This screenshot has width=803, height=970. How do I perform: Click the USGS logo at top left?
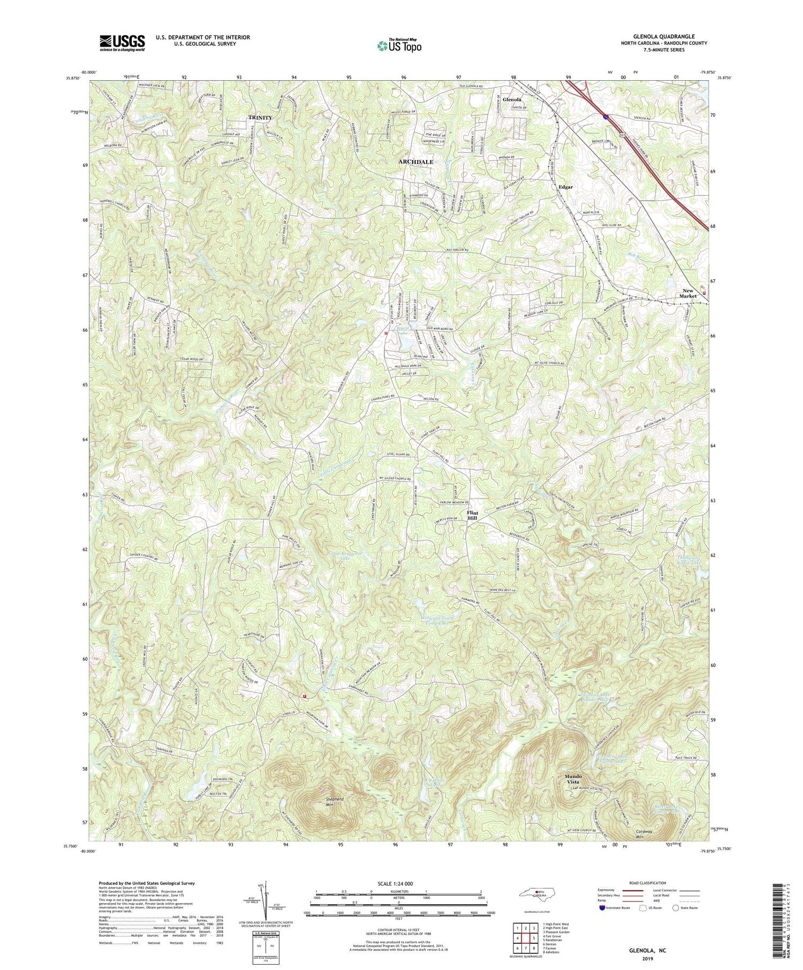122,42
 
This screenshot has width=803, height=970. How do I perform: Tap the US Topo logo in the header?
398,46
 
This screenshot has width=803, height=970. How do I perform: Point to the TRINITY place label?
260,117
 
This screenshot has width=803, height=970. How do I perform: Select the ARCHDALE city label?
415,161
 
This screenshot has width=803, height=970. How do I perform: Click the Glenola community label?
512,100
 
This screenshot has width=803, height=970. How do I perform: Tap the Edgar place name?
566,187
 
